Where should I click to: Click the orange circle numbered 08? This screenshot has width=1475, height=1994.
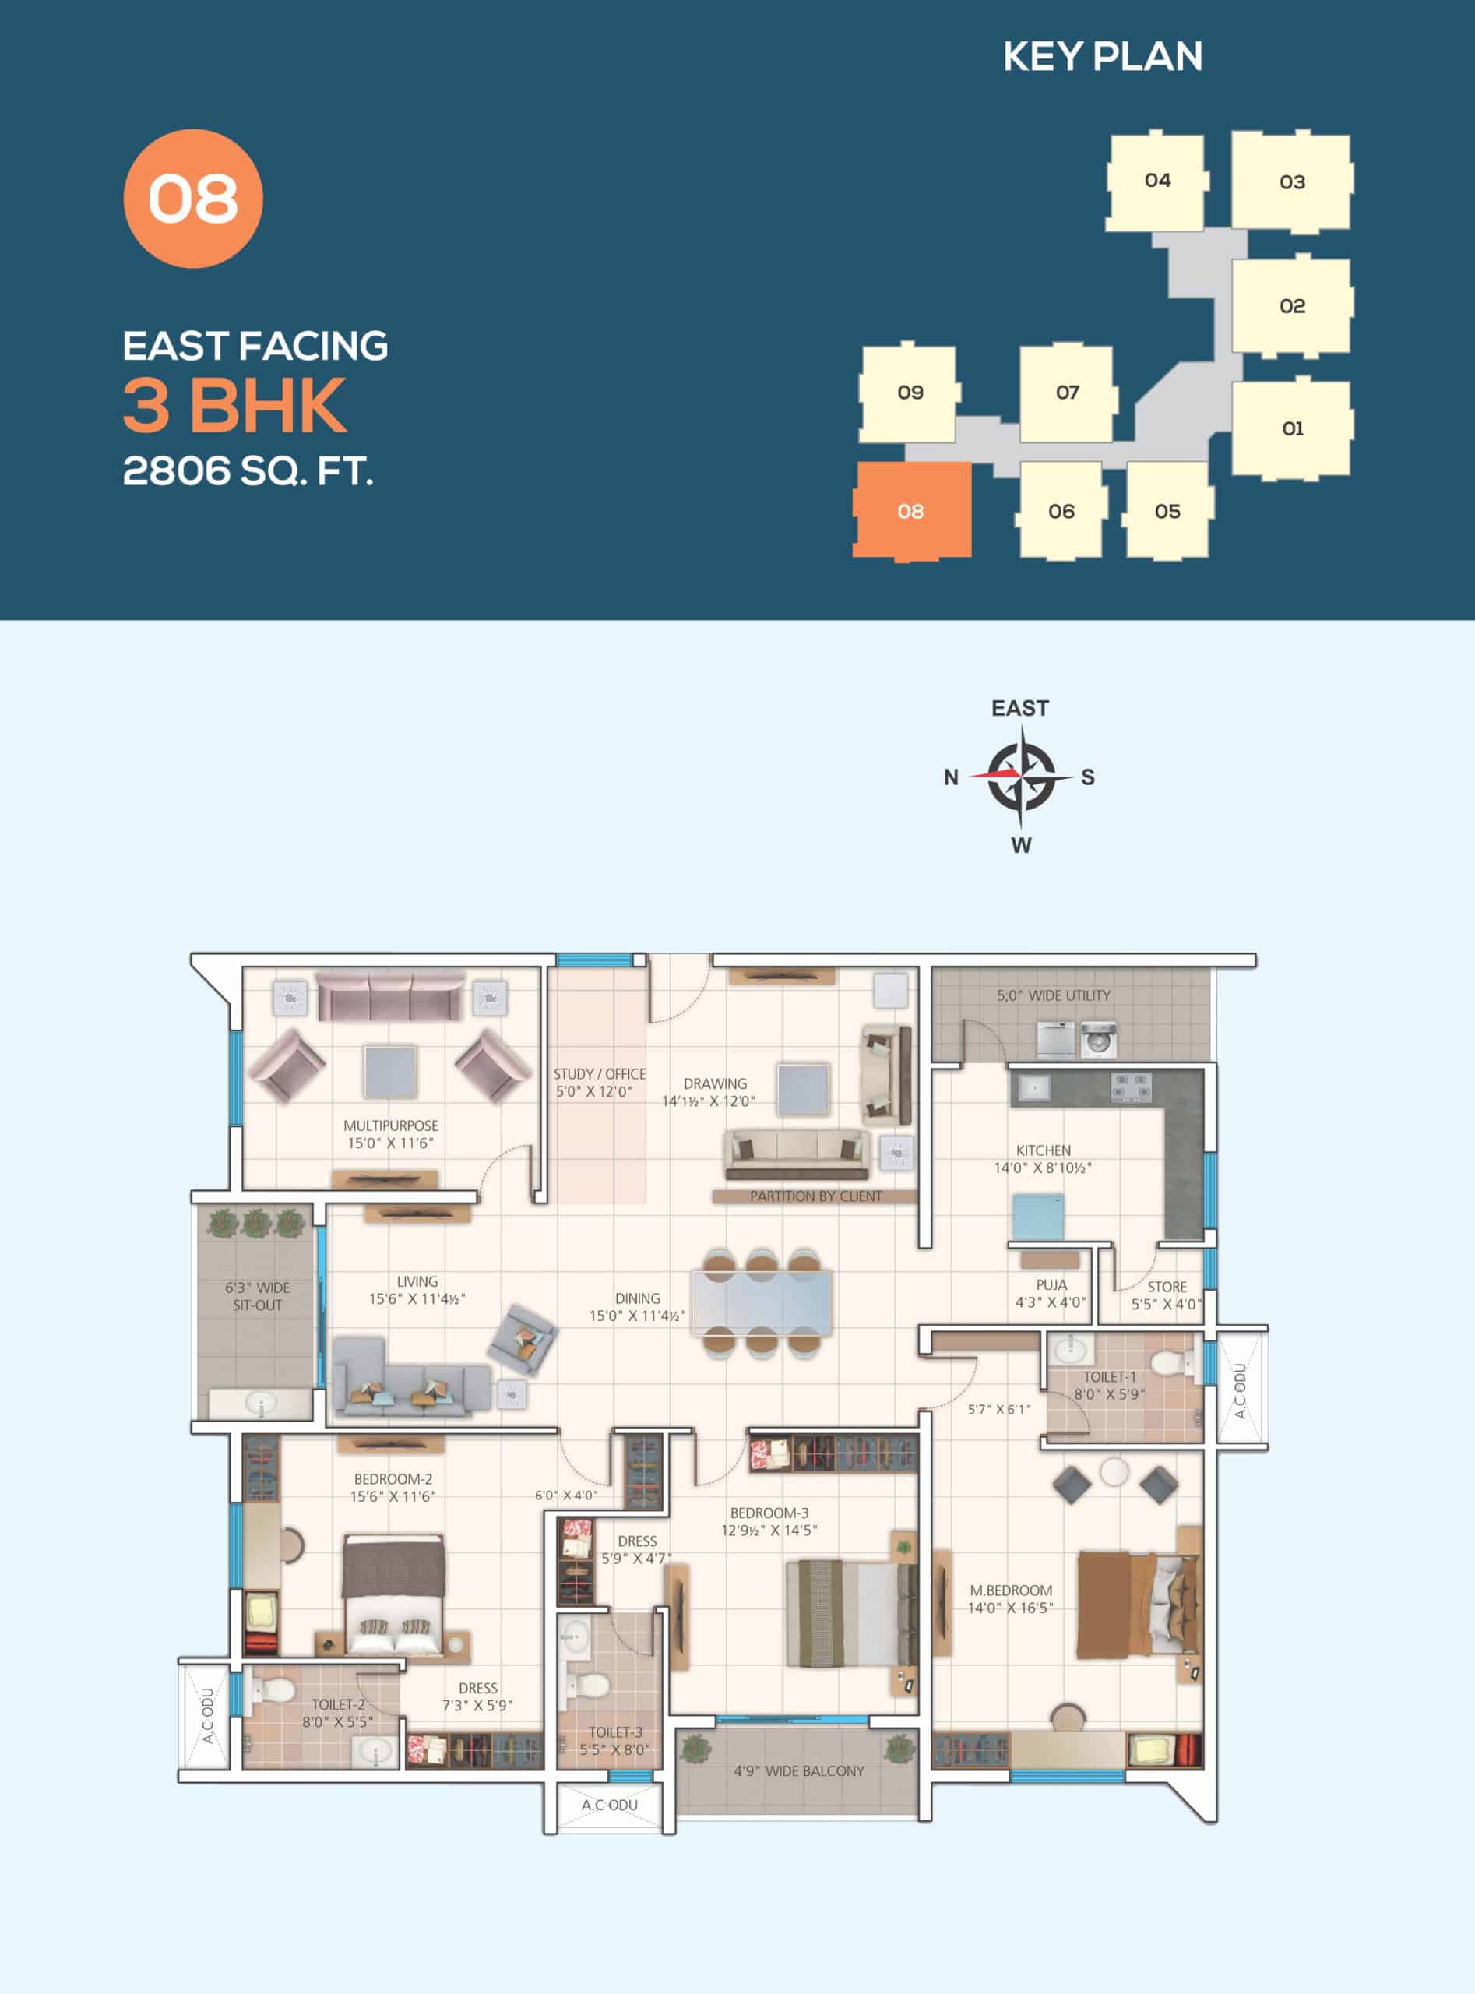click(x=193, y=199)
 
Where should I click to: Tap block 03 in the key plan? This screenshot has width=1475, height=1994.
click(x=1292, y=181)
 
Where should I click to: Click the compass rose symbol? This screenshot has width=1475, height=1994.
click(x=1023, y=775)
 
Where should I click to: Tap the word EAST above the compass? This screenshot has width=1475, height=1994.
click(x=1019, y=708)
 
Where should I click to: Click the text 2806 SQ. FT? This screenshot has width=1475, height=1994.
click(x=248, y=470)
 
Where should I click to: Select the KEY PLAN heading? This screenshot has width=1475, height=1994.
click(x=1103, y=56)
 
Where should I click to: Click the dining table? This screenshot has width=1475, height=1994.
click(x=762, y=1303)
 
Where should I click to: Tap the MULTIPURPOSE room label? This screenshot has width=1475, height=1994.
click(x=391, y=1126)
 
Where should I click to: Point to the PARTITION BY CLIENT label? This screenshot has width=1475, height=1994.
click(x=815, y=1196)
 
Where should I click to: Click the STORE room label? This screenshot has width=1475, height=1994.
click(x=1167, y=1287)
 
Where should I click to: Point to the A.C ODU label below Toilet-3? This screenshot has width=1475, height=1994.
click(x=610, y=1805)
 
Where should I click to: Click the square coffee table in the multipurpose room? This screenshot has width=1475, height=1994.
click(x=390, y=1072)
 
